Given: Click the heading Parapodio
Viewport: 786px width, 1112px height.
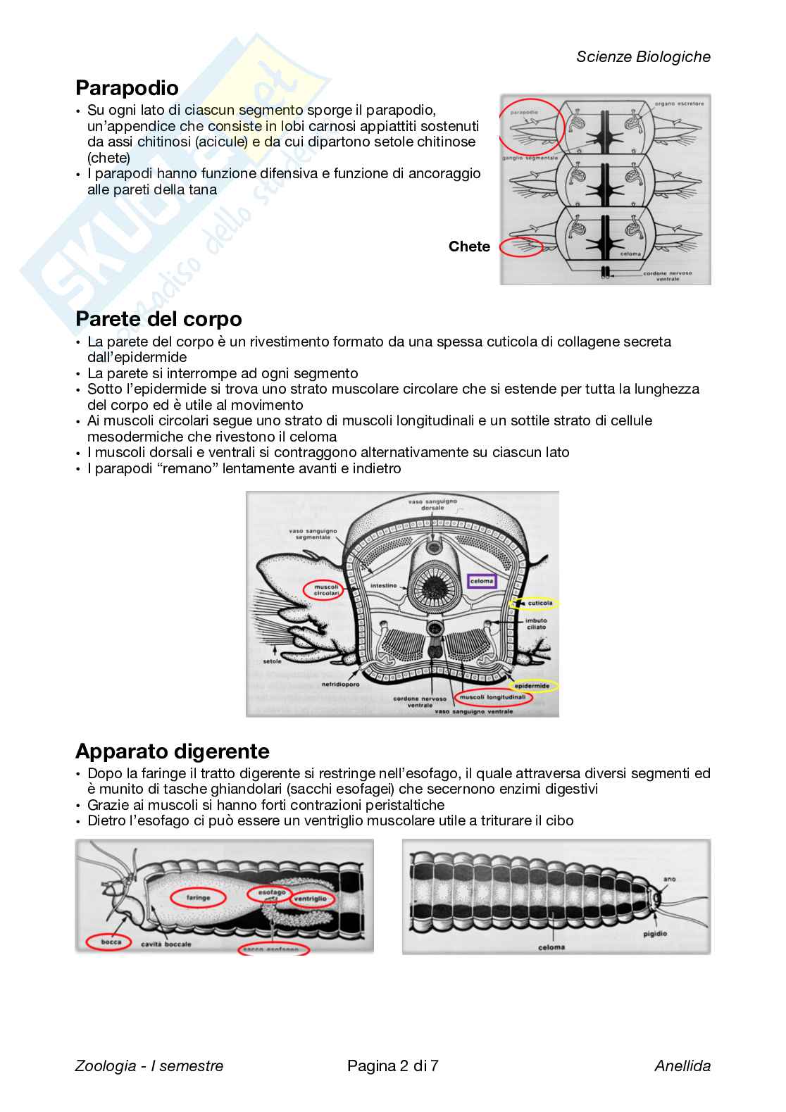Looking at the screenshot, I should pos(127,88).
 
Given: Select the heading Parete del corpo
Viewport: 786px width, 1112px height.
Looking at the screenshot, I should pos(158,319).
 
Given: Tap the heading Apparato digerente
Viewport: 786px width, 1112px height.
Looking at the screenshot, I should pos(172,751).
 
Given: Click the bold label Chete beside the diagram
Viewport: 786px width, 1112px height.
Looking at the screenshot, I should pos(469,246).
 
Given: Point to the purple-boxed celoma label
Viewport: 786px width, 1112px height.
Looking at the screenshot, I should pos(482,581).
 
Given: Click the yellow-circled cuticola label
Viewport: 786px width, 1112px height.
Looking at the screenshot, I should pos(539,603).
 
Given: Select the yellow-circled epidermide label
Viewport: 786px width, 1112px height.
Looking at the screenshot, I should pos(532,685).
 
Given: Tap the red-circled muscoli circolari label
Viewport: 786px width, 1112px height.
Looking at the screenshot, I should pos(326,589).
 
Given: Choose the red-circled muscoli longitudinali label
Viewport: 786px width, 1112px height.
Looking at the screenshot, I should pos(492,697).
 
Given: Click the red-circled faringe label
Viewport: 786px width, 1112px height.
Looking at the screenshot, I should pos(198,897).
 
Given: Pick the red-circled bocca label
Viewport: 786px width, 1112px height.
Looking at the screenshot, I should pos(111,942).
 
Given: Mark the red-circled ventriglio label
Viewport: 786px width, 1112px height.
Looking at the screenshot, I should pos(310,899).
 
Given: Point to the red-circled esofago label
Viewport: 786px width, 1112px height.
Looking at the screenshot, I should pos(272,892).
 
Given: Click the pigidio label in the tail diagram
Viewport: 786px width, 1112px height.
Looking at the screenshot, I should pos(655,934).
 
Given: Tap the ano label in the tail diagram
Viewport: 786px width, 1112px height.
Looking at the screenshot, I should pos(669,879).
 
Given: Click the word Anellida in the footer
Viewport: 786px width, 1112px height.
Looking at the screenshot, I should pos(682,1066).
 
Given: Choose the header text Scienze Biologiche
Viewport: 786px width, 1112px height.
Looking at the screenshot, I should pos(643,57).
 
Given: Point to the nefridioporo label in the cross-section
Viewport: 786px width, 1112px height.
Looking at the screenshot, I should pos(340,684).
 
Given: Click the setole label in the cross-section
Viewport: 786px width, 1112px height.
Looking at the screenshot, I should pos(272,661).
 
